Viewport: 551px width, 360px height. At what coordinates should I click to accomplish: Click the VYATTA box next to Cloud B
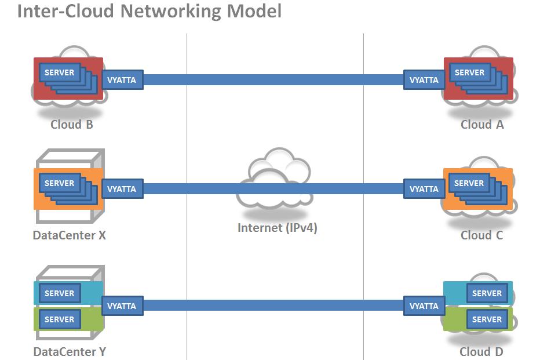(122, 80)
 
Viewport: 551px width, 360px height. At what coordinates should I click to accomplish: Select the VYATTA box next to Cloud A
(424, 80)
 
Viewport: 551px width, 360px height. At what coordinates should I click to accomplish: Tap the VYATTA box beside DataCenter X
(122, 189)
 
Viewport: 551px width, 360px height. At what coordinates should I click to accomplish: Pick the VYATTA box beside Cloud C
(424, 189)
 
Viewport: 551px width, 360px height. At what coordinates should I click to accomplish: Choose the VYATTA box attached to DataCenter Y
(122, 306)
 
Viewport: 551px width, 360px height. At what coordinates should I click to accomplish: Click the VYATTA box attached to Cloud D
(424, 306)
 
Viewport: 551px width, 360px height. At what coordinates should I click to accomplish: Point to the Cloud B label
(72, 125)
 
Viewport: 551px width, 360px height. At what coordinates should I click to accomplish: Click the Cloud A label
(482, 125)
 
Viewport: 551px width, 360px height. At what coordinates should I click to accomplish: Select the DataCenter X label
(70, 235)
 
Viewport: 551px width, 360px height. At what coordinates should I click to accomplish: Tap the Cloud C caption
(482, 235)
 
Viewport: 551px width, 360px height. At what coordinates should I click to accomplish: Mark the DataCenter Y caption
(70, 351)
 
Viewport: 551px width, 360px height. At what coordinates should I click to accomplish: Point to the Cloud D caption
(482, 351)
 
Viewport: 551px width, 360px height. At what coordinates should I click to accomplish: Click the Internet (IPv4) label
(278, 227)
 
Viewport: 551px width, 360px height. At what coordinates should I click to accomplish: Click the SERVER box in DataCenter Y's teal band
(59, 293)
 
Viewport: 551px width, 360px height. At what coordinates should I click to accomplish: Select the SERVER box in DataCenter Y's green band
(59, 319)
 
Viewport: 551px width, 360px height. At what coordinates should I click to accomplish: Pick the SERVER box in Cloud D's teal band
(487, 293)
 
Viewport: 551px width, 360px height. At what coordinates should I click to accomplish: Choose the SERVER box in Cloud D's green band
(487, 319)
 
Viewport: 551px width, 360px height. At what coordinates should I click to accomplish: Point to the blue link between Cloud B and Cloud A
(272, 79)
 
